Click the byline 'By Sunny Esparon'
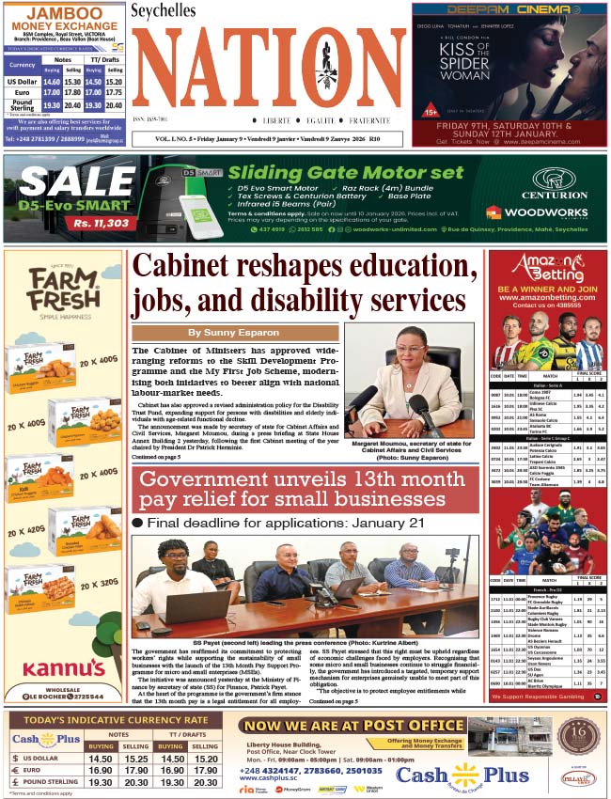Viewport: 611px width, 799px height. click(234, 333)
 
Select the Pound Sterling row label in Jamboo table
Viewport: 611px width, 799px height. click(22, 106)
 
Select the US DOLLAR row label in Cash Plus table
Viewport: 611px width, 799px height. click(42, 758)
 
